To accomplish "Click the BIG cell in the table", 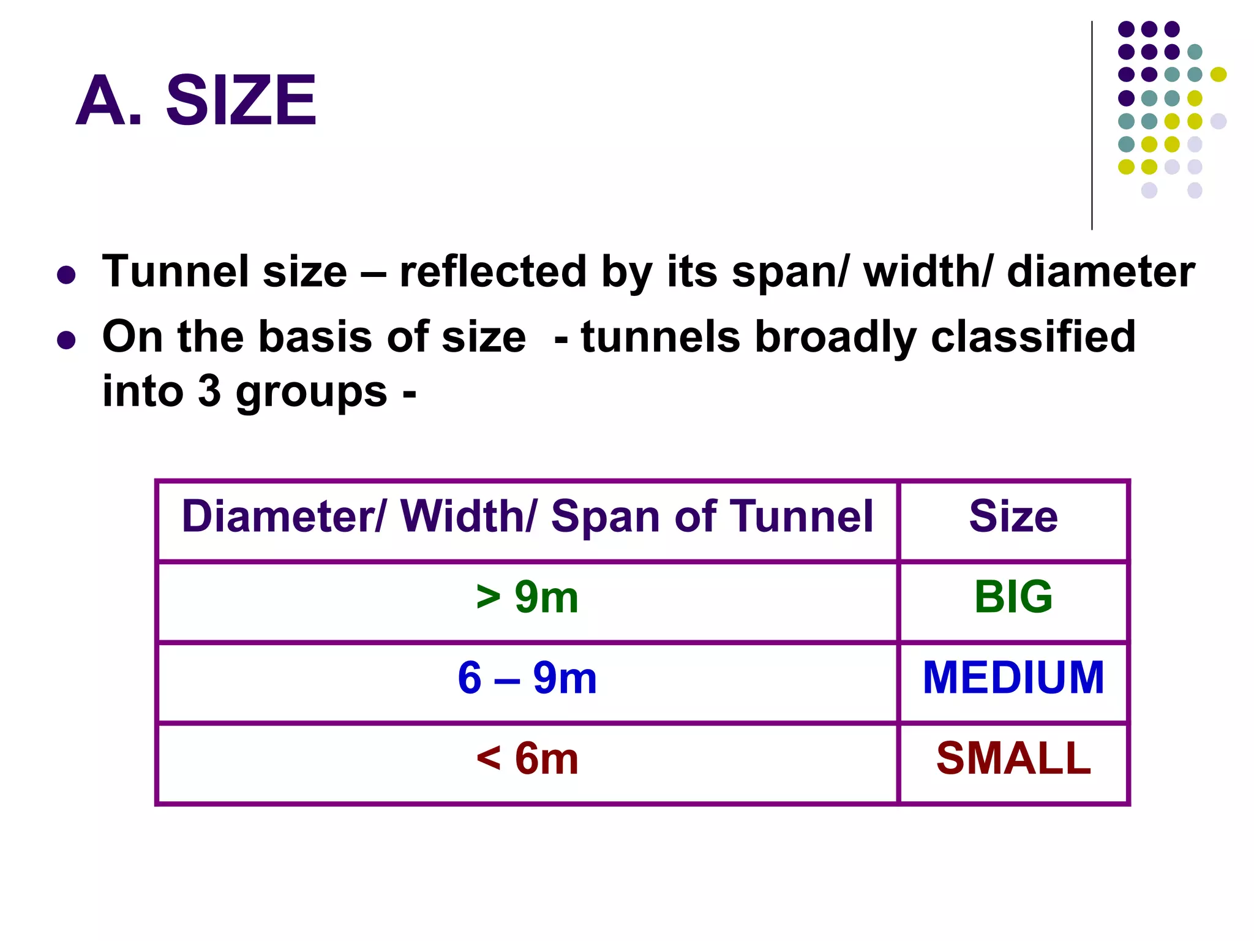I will pos(1013,597).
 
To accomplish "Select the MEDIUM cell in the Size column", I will pos(1013,678).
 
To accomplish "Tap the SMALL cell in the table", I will pos(1013,758).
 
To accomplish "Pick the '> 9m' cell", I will pos(527,597).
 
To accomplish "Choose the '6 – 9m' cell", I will pos(527,678).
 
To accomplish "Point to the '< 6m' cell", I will pos(527,758).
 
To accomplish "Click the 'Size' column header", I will pos(1013,516).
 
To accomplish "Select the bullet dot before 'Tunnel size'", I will pos(66,274).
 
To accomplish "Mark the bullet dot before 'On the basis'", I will pos(66,339).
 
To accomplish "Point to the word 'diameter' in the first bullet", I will pos(1100,271).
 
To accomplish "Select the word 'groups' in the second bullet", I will pos(311,392).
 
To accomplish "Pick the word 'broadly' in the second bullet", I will pos(835,337).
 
